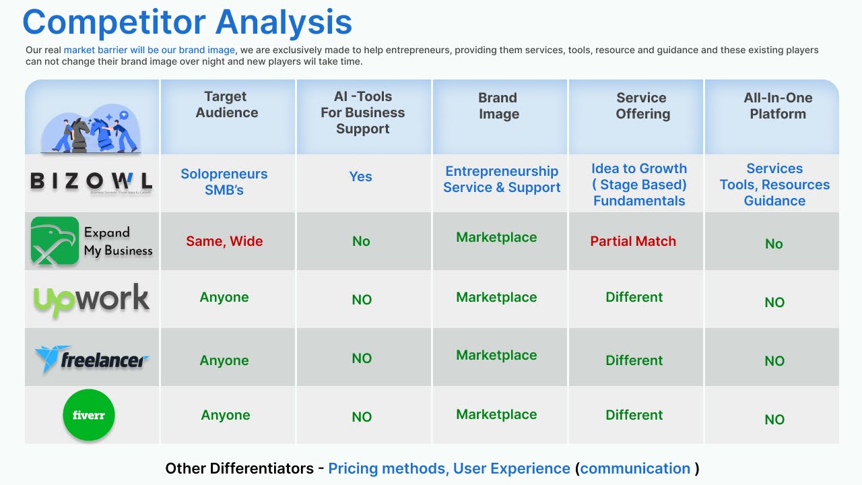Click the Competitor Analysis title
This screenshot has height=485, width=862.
click(187, 22)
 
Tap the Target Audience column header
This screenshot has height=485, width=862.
click(226, 104)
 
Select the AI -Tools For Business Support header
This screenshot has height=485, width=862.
click(362, 112)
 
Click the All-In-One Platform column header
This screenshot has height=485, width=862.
click(778, 106)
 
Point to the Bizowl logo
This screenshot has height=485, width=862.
click(91, 182)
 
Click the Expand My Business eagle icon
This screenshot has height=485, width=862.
click(55, 240)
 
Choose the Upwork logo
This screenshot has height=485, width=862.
click(91, 300)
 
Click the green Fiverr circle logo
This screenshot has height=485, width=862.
click(89, 415)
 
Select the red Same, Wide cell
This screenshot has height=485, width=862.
click(224, 241)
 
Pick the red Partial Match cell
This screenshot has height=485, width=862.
click(633, 241)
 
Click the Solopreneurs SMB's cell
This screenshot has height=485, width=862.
click(224, 182)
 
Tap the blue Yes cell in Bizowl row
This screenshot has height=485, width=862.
click(360, 176)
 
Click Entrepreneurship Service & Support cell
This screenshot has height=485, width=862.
click(502, 179)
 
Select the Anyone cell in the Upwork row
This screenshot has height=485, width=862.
click(224, 297)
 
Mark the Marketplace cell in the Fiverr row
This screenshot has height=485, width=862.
click(496, 414)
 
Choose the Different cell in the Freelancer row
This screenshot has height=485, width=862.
click(634, 360)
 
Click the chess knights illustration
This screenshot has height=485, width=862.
click(91, 128)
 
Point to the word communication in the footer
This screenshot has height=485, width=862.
click(635, 468)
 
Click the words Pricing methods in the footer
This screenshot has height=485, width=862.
click(387, 469)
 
